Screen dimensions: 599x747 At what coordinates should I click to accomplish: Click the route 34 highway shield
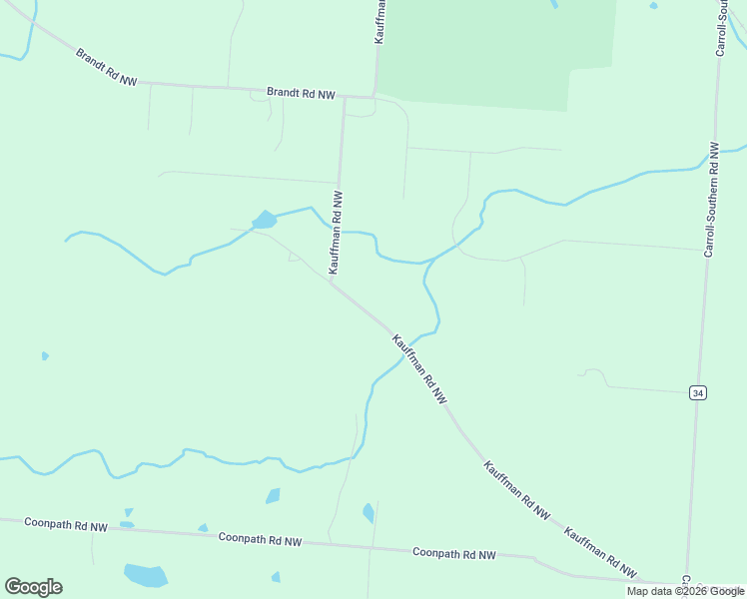(x=698, y=393)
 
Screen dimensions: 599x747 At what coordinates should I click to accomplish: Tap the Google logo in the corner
(x=33, y=587)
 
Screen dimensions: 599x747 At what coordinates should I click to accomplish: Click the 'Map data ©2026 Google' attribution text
(x=685, y=591)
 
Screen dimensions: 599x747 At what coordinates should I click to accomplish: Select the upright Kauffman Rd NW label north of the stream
(x=338, y=232)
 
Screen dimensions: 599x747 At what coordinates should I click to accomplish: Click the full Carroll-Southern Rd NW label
(x=711, y=200)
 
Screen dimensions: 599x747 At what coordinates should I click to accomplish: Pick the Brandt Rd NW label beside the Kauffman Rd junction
(x=301, y=93)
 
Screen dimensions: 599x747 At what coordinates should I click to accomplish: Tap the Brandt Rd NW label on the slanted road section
(x=106, y=66)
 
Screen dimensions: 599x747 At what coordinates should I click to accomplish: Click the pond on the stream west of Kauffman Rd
(x=264, y=220)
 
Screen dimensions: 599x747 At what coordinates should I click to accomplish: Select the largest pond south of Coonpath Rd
(x=146, y=575)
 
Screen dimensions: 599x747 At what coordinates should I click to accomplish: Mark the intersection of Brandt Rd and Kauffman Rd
(x=344, y=97)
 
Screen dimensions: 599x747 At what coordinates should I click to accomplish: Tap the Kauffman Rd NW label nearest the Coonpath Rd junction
(x=600, y=552)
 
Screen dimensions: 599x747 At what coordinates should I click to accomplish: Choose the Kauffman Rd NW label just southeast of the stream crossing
(x=419, y=368)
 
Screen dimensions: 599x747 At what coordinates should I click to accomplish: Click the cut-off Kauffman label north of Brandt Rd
(x=380, y=20)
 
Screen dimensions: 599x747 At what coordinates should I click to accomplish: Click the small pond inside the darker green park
(x=554, y=4)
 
